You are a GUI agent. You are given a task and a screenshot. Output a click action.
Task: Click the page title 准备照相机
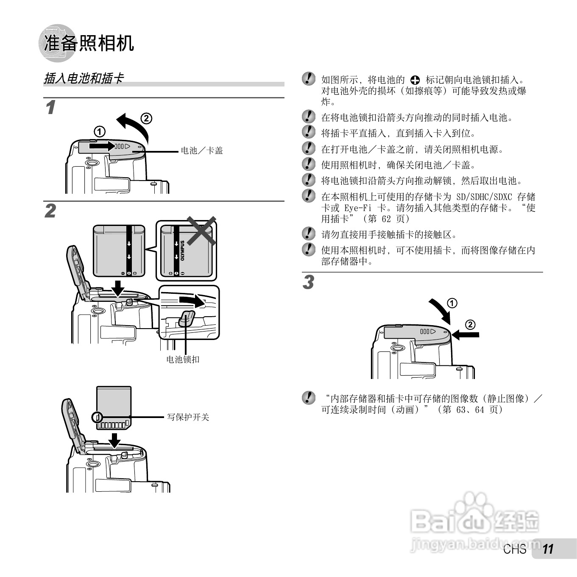click(x=89, y=43)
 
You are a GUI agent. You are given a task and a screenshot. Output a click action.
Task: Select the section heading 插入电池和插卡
click(x=84, y=78)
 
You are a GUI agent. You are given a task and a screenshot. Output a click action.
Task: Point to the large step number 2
click(x=50, y=211)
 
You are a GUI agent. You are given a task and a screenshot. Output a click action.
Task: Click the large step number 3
click(x=308, y=282)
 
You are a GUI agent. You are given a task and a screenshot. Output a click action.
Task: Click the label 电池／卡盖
click(x=202, y=151)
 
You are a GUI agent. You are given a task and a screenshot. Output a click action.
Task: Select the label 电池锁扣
click(x=183, y=360)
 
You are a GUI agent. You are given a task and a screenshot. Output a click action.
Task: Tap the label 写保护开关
click(x=188, y=417)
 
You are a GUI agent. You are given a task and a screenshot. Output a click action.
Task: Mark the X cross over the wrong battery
click(x=201, y=231)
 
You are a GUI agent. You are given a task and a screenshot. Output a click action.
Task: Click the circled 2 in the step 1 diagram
click(x=146, y=118)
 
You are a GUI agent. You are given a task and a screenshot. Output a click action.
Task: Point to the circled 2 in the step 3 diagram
click(x=470, y=325)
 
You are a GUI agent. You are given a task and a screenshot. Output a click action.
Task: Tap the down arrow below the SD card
click(x=114, y=440)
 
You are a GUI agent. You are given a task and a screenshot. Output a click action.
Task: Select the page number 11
click(x=548, y=549)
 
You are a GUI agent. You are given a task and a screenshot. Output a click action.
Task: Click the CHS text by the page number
click(x=515, y=549)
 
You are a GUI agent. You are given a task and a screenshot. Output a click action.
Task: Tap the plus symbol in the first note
click(x=415, y=80)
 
